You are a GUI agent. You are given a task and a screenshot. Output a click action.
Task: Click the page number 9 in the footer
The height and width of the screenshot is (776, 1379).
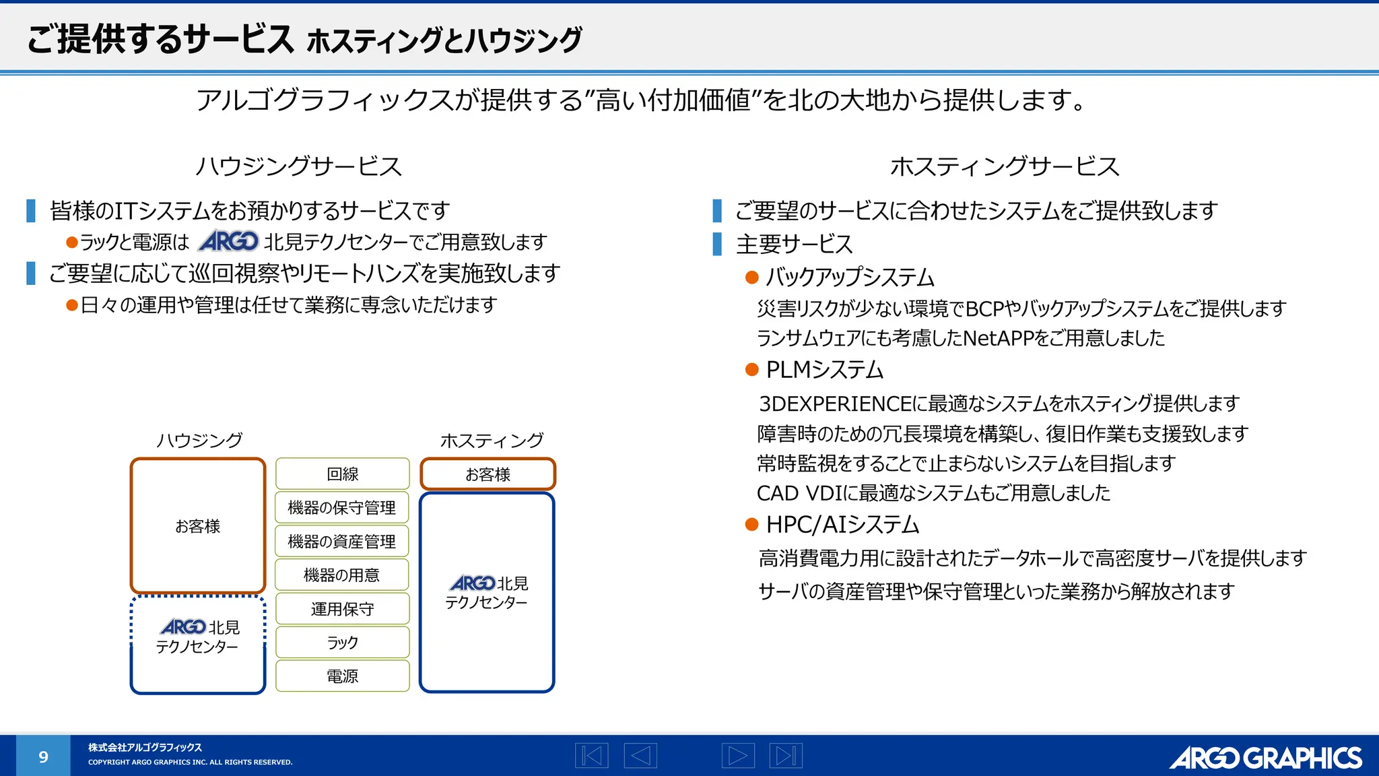point(43,756)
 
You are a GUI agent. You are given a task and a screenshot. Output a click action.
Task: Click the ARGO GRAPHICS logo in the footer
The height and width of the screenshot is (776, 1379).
point(1266,758)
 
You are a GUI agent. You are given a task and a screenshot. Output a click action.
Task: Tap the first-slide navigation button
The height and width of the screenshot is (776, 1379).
point(592,755)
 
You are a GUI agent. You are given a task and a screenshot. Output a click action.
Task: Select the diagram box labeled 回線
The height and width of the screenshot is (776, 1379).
point(342,474)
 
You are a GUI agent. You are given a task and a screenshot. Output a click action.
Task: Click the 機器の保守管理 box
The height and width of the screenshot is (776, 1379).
point(342,508)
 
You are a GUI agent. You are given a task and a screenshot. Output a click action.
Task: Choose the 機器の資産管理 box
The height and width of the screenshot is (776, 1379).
point(342,542)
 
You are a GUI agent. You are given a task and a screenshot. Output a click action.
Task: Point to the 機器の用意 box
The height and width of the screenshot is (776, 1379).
point(342,575)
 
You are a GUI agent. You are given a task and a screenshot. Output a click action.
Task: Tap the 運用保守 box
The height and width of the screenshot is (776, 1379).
point(342,609)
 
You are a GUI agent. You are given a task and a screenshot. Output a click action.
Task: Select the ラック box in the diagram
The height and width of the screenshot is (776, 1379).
point(342,643)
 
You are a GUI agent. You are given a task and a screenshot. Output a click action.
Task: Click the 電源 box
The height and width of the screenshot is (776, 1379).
point(342,676)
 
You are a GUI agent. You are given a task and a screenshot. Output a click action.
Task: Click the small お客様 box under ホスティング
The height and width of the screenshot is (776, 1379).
point(487,474)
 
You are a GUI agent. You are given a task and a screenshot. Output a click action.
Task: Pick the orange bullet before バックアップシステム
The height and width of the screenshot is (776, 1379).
point(752,278)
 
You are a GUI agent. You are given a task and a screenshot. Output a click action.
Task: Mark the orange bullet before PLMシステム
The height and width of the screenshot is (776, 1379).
point(752,370)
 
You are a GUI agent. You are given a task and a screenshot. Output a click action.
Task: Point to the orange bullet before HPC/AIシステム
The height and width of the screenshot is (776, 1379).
point(752,525)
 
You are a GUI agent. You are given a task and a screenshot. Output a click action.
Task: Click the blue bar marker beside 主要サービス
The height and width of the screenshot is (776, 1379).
point(717,244)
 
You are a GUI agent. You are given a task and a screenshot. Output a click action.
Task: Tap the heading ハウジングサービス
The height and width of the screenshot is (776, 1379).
point(298,166)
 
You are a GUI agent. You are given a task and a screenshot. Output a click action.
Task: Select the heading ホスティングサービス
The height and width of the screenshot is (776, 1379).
point(1005,166)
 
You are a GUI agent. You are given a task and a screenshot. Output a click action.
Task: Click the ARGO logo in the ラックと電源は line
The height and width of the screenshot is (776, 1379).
point(229,241)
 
